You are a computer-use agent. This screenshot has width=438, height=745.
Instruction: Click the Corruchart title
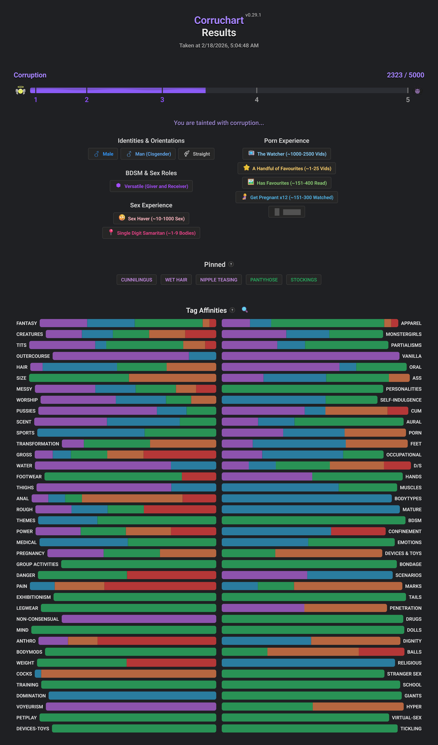[x=219, y=20]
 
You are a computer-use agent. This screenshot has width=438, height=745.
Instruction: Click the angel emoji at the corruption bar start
[x=20, y=90]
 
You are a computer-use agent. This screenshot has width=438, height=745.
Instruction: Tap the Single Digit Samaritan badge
[x=151, y=233]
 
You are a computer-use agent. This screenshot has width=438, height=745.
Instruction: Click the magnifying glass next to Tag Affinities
[x=245, y=310]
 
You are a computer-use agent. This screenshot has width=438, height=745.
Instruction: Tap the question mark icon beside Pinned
[x=231, y=264]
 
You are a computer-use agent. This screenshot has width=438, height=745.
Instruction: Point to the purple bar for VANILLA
[x=310, y=356]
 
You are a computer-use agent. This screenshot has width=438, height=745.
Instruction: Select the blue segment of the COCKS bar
[x=38, y=674]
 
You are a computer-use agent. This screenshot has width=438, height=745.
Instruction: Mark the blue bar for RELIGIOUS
[x=308, y=663]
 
